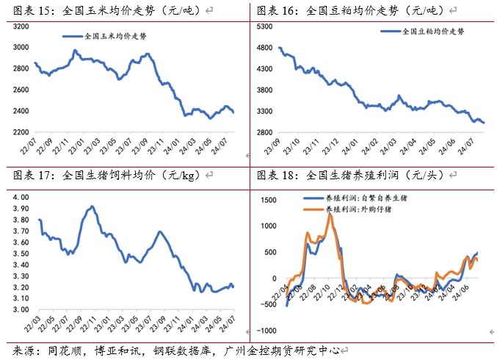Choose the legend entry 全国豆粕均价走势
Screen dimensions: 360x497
(433, 32)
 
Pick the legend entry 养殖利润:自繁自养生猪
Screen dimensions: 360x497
(362, 198)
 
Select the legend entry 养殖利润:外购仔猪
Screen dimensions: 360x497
(358, 209)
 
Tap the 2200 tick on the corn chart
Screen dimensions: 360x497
(21, 132)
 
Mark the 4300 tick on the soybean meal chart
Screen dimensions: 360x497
(263, 68)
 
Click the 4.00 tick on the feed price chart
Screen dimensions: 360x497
(20, 198)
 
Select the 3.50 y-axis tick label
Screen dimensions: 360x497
(20, 253)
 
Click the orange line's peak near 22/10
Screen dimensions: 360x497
(330, 215)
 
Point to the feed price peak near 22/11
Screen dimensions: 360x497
(92, 206)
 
